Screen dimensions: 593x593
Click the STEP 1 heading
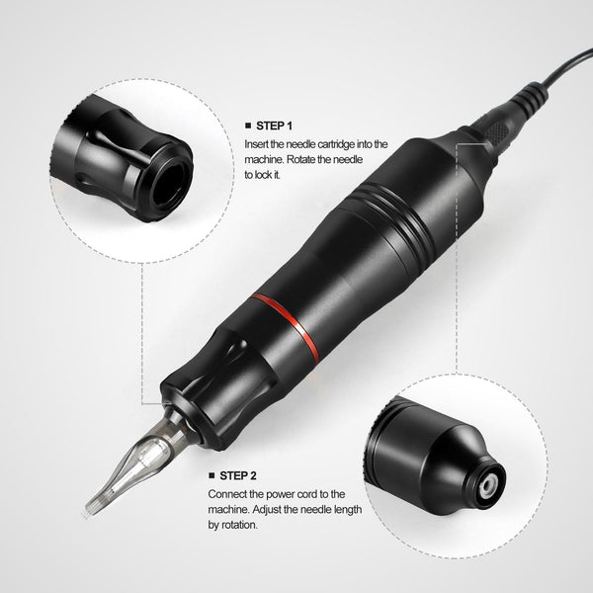pyautogui.click(x=278, y=127)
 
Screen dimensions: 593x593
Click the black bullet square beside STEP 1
pyautogui.click(x=247, y=127)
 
